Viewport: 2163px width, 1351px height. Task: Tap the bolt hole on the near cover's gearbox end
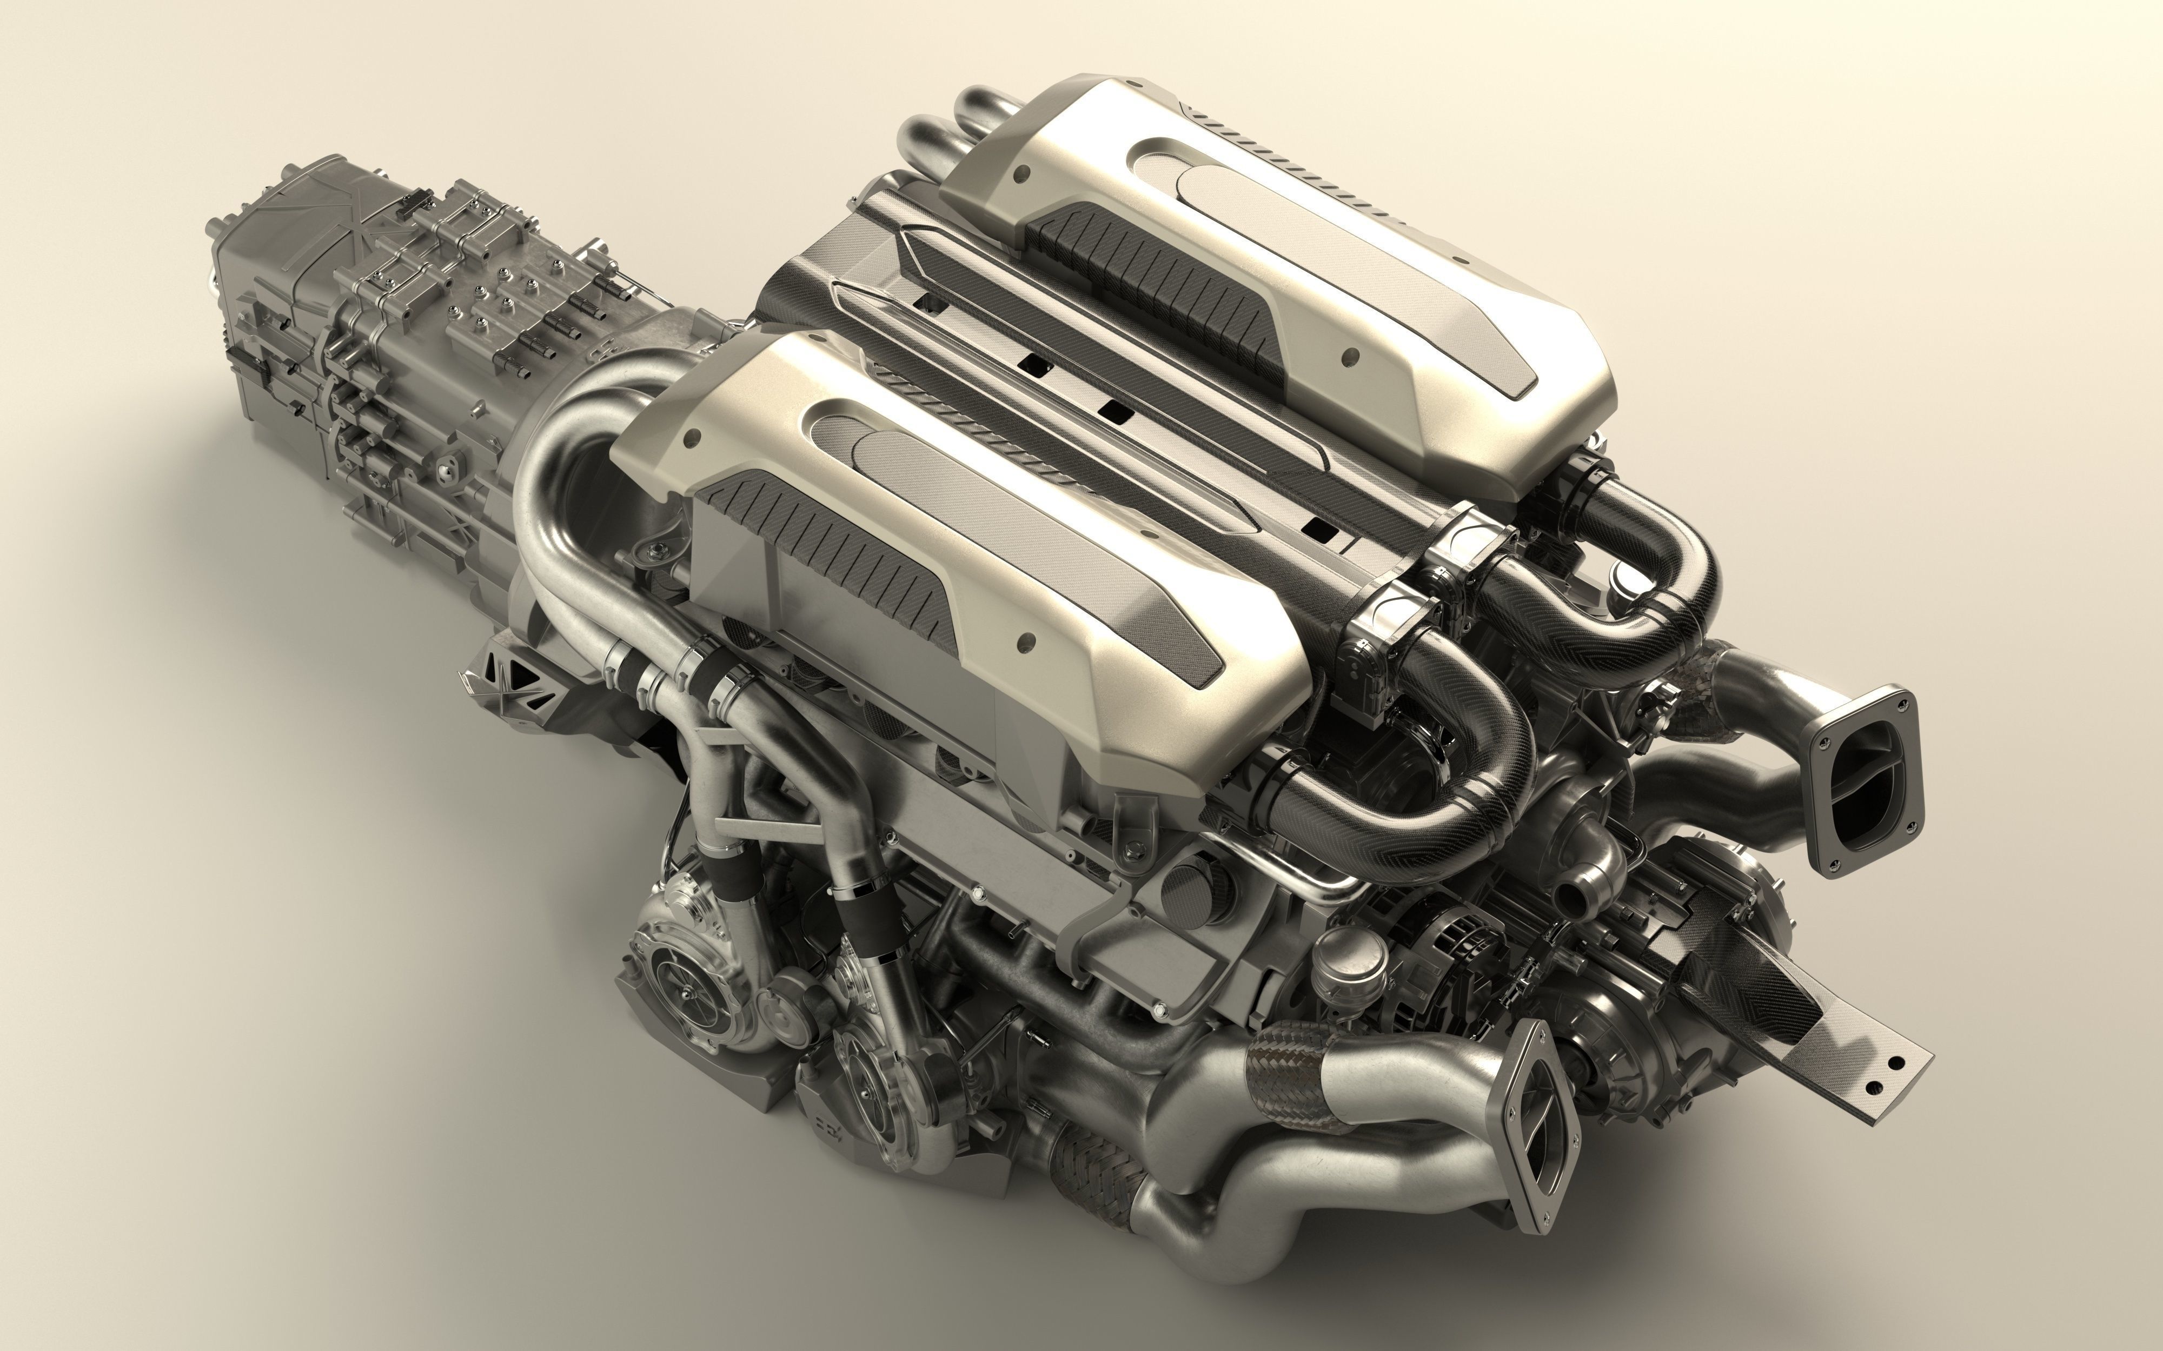tap(690, 440)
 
